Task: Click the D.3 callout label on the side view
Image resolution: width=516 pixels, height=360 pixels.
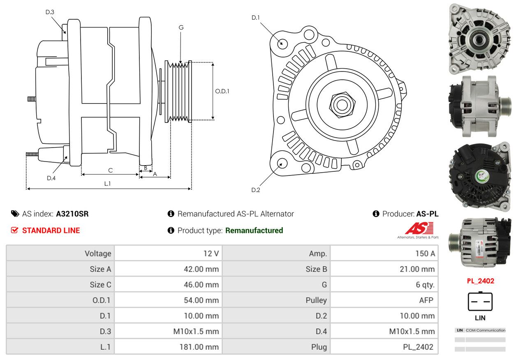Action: click(50, 12)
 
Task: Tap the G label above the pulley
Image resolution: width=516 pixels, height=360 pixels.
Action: click(181, 28)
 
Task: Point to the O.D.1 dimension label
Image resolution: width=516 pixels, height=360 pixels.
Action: click(222, 91)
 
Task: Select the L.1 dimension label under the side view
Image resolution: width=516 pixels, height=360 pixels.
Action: click(107, 183)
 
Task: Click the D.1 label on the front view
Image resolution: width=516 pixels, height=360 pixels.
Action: click(255, 18)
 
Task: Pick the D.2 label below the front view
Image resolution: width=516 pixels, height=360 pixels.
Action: click(256, 190)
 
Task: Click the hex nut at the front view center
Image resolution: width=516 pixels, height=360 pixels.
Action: click(342, 105)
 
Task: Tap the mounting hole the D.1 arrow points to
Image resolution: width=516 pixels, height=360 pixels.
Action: click(282, 44)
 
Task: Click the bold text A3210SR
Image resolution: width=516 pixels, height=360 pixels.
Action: click(72, 214)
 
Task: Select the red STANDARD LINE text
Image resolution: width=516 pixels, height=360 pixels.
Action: click(51, 231)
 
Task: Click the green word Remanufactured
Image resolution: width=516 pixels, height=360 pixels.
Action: click(254, 231)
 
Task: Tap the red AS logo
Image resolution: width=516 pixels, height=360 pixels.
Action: click(419, 228)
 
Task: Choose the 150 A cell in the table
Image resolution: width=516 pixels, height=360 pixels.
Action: click(425, 254)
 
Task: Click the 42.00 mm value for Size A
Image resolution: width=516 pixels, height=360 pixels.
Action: click(201, 269)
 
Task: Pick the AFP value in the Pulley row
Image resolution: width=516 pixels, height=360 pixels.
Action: click(426, 300)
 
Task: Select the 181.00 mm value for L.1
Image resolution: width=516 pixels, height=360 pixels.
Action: click(199, 347)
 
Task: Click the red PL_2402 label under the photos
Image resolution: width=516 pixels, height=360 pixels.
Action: click(481, 281)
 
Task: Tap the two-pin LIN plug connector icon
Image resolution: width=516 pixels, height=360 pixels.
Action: click(480, 301)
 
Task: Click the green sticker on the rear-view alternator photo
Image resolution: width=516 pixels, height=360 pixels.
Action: click(482, 176)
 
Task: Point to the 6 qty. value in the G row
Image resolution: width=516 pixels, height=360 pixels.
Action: click(425, 285)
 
